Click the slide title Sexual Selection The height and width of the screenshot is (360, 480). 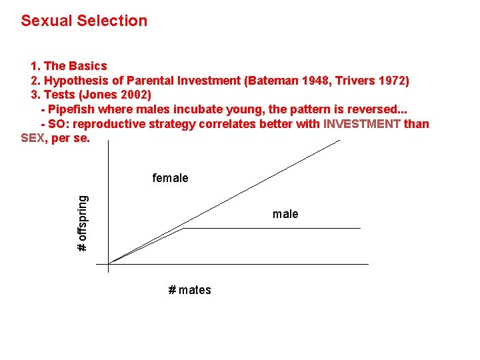point(84,21)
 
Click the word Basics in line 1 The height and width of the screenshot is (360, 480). point(87,66)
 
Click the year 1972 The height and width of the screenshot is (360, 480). point(391,81)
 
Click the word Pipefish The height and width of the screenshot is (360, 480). point(73,109)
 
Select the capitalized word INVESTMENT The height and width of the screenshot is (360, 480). point(362,124)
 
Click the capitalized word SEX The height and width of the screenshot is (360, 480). point(32,138)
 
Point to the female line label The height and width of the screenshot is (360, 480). point(170,178)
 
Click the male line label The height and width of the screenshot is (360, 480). point(285,214)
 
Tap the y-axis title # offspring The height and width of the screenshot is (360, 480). point(82,223)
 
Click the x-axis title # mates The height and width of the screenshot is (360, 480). point(189,290)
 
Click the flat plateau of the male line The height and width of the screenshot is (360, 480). point(273,229)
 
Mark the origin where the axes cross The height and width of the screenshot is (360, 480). point(108,264)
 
